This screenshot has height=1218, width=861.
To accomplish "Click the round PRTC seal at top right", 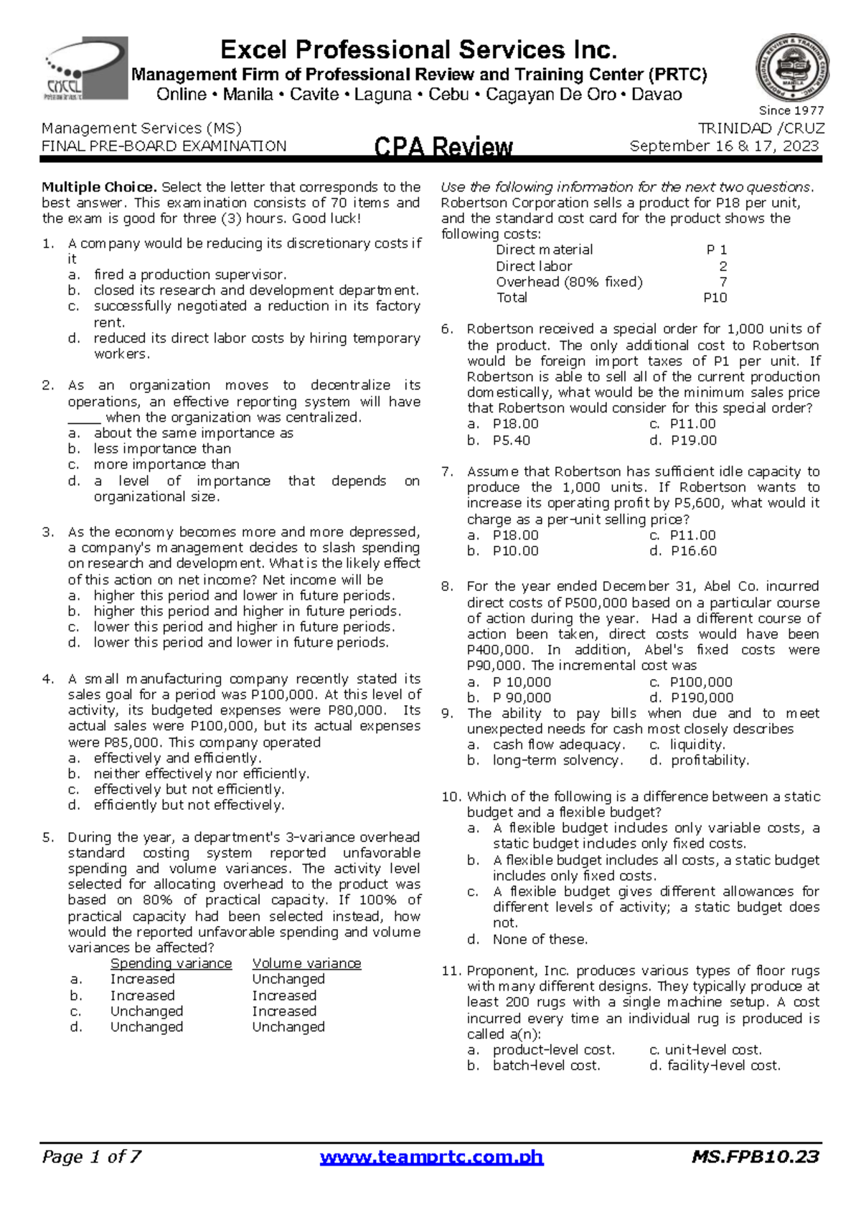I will click(x=792, y=68).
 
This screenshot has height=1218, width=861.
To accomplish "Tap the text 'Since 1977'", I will click(x=791, y=110).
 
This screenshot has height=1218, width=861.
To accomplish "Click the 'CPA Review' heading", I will click(x=443, y=147).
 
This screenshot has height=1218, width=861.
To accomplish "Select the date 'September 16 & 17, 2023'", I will click(x=724, y=146).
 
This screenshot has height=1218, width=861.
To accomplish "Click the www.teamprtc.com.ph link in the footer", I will click(x=431, y=1157).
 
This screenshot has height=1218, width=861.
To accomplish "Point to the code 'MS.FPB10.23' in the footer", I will click(x=756, y=1157).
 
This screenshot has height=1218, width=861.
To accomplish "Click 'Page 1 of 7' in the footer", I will click(x=91, y=1157).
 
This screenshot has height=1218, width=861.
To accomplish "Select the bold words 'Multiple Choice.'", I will click(x=99, y=187).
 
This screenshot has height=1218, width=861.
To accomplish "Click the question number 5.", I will click(x=48, y=837).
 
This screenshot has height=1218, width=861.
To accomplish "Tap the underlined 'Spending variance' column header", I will click(x=171, y=963).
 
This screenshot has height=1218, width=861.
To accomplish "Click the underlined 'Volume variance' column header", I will click(x=306, y=963).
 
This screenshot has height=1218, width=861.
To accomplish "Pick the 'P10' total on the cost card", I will click(x=715, y=298).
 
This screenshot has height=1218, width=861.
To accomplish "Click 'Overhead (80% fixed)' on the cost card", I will click(x=569, y=282).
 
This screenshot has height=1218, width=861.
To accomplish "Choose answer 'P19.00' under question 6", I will click(x=693, y=440).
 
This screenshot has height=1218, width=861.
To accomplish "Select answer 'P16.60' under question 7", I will click(x=693, y=551).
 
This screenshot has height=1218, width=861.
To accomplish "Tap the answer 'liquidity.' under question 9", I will click(x=697, y=745).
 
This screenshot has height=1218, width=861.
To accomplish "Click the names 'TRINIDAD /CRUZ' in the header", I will click(x=761, y=128).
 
